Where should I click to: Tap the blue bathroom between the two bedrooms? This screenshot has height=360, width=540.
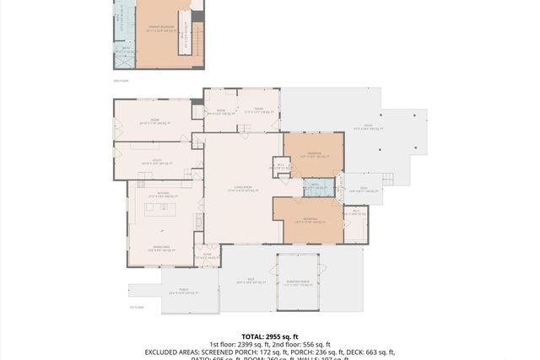pos(315,186)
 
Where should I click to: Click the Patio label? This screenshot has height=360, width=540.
pos(368,128)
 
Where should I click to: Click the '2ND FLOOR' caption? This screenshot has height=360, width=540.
pos(121,81)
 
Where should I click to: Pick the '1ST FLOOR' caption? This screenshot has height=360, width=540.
pos(136,308)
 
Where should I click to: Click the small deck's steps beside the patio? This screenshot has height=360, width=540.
pos(388,178)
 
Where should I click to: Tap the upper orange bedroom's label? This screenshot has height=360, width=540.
pos(314,154)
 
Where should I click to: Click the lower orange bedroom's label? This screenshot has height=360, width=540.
pos(308,222)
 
